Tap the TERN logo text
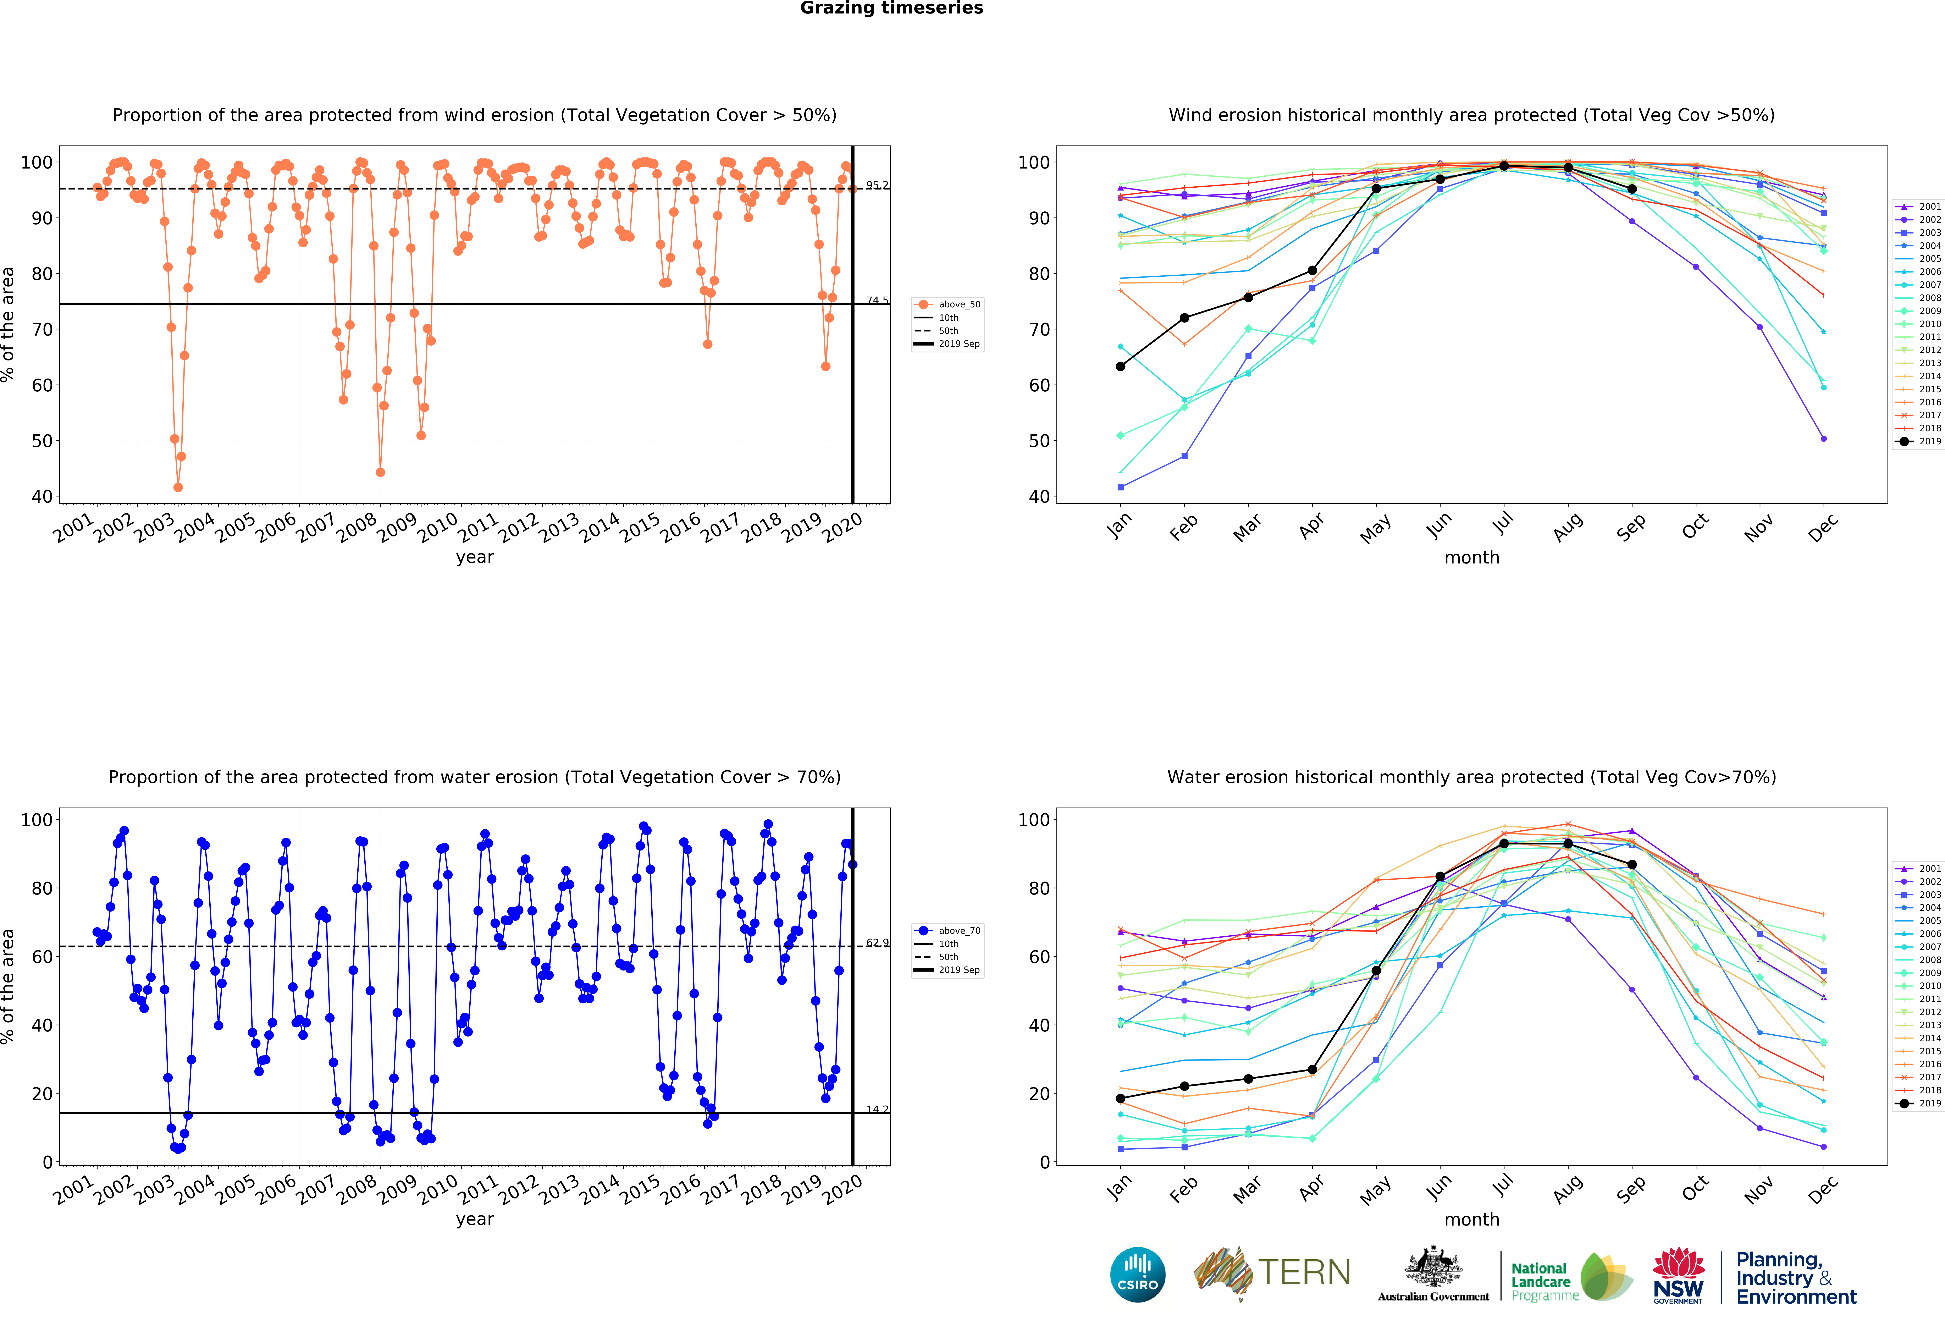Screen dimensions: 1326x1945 1304,1272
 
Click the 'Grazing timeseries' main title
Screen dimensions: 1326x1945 891,8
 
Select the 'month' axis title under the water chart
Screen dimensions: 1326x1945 1471,1219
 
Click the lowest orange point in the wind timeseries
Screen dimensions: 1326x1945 177,487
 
